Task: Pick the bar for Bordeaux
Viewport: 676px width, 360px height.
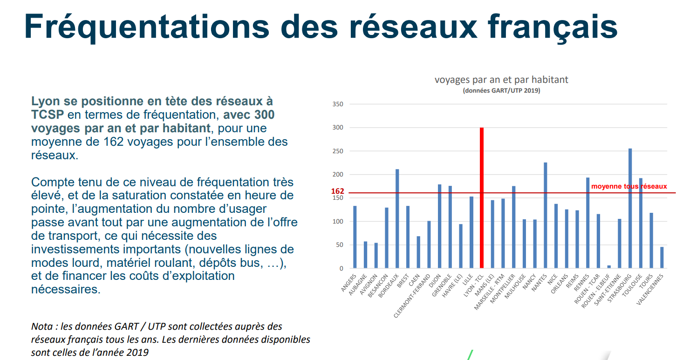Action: (397, 218)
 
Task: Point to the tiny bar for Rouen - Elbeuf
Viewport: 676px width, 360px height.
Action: (609, 267)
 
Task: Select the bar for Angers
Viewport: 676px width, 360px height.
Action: (355, 237)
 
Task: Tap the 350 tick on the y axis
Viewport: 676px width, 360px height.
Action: (338, 104)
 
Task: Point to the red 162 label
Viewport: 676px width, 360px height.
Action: (337, 191)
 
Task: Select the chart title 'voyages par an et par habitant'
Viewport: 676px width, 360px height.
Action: (501, 80)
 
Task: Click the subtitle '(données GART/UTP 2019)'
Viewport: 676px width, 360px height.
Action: (501, 91)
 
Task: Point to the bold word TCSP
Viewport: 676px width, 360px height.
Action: (48, 115)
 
